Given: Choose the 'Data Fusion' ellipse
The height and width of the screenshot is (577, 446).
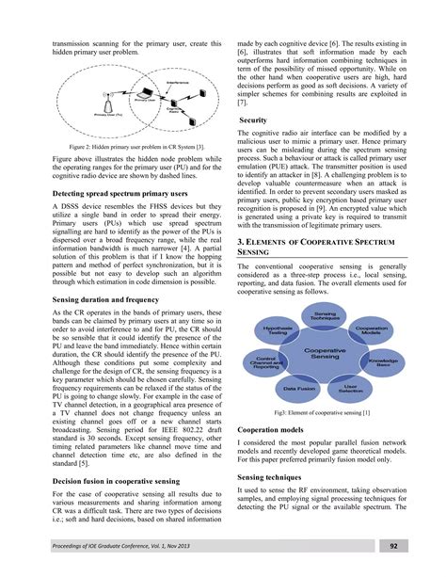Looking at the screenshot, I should [299, 386].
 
